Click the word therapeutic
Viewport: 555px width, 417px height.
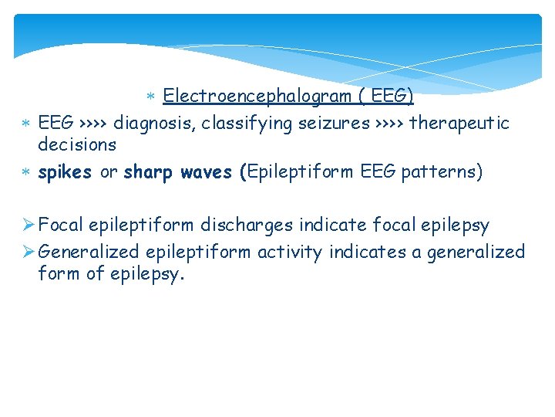point(459,124)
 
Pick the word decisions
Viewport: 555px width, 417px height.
point(77,144)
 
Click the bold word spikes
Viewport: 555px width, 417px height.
point(65,172)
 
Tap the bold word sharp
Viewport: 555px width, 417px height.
point(149,172)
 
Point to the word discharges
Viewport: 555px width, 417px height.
point(247,225)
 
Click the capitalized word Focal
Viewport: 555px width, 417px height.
point(61,225)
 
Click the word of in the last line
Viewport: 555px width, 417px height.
point(96,273)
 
